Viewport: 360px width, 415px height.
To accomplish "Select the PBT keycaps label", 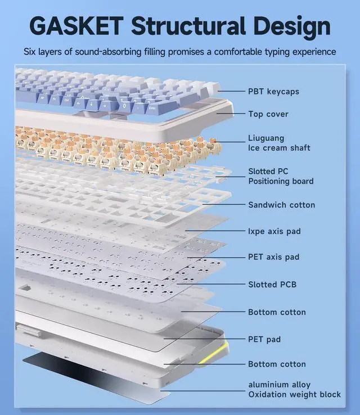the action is [x=273, y=91].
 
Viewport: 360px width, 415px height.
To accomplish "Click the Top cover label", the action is [x=268, y=114].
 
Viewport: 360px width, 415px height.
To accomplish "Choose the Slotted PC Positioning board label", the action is [x=281, y=176].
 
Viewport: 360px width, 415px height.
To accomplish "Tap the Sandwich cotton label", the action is [x=281, y=205].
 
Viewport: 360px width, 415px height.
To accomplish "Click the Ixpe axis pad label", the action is [x=274, y=231].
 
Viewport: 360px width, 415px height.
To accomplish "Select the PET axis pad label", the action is [x=274, y=257].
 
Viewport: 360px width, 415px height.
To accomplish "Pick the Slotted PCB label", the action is [x=272, y=285].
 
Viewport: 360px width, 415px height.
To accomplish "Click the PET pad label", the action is [x=264, y=339].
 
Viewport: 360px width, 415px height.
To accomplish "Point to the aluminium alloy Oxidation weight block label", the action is [x=294, y=389].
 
